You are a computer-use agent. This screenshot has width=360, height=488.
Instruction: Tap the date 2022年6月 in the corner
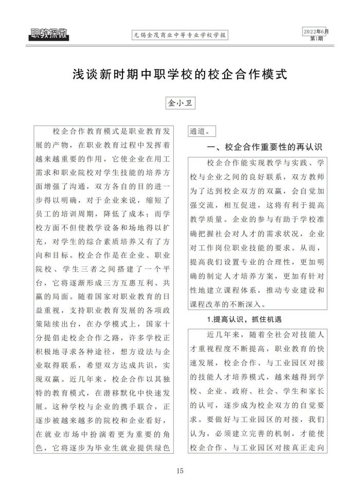tap(316, 32)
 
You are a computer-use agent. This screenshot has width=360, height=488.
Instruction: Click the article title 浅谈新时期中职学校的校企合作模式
tap(179, 75)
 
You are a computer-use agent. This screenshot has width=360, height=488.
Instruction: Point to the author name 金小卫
tap(179, 103)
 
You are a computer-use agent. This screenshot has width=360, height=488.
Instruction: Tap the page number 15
tap(179, 471)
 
